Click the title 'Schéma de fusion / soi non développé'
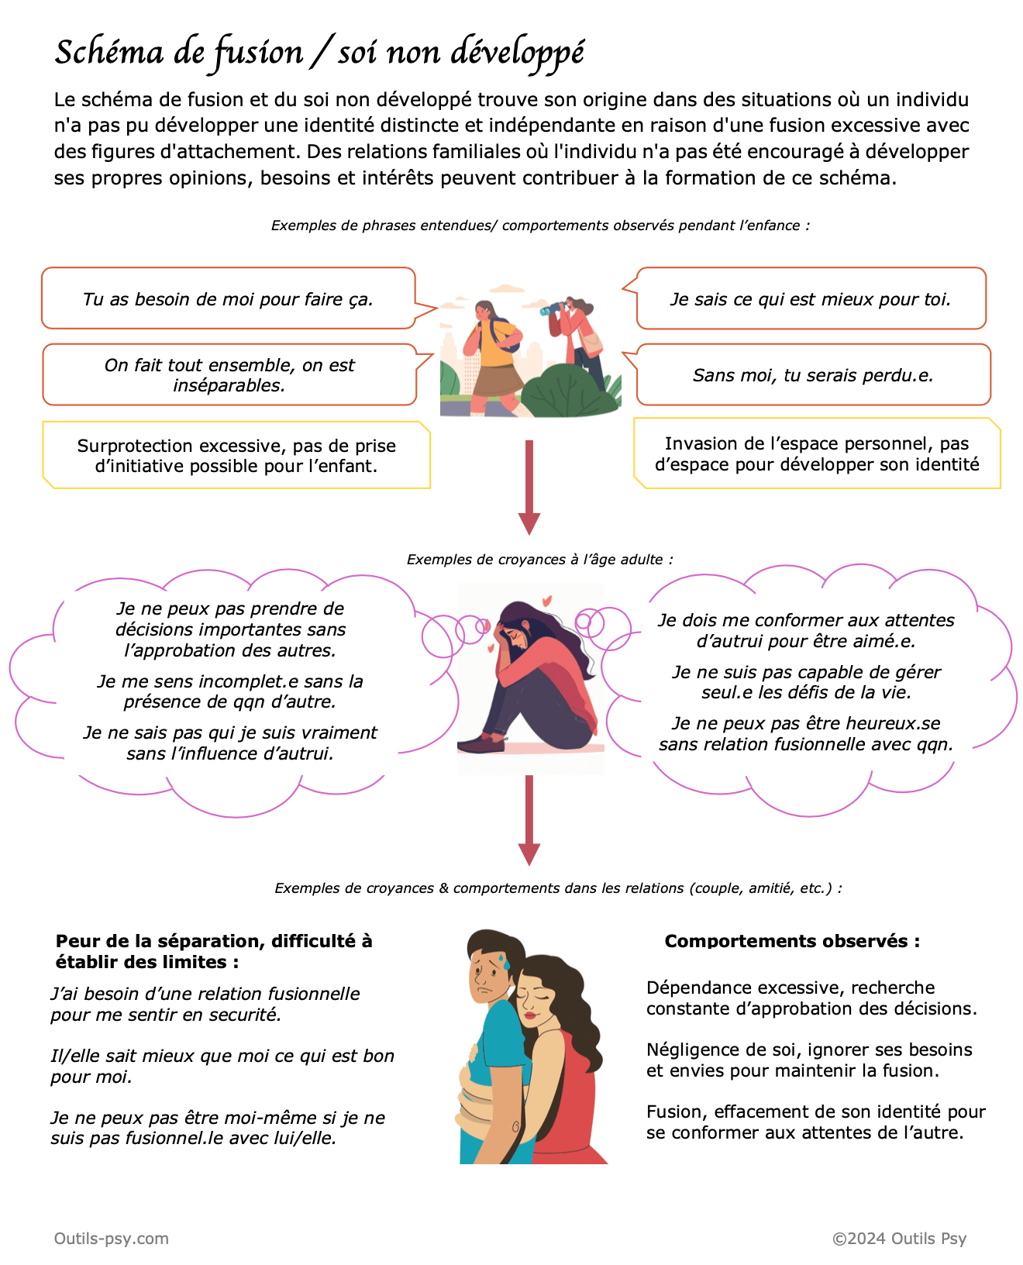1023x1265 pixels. point(319,53)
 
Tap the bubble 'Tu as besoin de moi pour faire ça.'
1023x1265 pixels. point(228,299)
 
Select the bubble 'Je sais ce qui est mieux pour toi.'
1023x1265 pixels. point(811,299)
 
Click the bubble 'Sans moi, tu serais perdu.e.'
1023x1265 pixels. point(813,375)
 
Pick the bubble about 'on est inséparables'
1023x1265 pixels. point(229,375)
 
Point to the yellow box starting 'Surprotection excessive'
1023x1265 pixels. point(236,456)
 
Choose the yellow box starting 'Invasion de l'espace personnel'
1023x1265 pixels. point(817,454)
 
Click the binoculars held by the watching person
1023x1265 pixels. point(551,310)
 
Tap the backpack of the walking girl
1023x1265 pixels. point(511,336)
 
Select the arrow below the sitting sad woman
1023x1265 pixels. point(529,819)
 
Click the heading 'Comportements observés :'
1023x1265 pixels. point(792,941)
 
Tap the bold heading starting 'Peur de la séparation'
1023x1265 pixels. point(214,951)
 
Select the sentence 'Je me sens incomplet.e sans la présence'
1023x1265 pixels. point(230,691)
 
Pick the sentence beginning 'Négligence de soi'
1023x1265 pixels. point(809,1060)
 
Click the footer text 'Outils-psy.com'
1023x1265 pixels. point(112,1238)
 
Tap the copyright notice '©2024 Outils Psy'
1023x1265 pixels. point(899,1238)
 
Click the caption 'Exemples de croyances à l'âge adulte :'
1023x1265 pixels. point(540,559)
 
